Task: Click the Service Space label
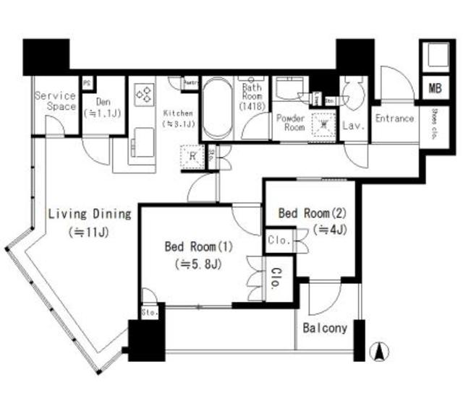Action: [x=56, y=101]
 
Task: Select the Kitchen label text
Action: [x=178, y=118]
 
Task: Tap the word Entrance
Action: [x=394, y=118]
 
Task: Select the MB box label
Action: [x=433, y=89]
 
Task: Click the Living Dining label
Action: [x=89, y=214]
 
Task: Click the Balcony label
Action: [x=325, y=327]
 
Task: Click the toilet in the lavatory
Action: [x=354, y=94]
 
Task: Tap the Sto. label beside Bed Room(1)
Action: [x=150, y=313]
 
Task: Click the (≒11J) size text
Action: [x=89, y=233]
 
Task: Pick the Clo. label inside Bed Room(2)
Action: [x=279, y=240]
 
